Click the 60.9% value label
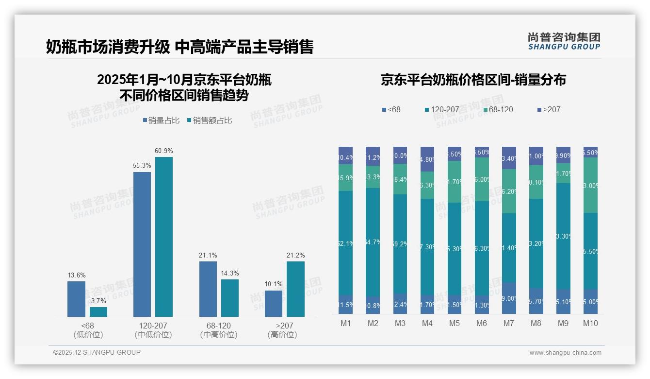pyautogui.click(x=163, y=151)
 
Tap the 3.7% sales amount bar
pyautogui.click(x=98, y=311)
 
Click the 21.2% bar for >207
pyautogui.click(x=295, y=289)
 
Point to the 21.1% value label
pyautogui.click(x=208, y=255)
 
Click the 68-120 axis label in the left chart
pyautogui.click(x=218, y=326)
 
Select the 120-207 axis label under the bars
pyautogui.click(x=153, y=326)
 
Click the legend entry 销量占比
pyautogui.click(x=161, y=121)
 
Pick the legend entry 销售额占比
pyautogui.click(x=210, y=121)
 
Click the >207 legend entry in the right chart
pyautogui.click(x=549, y=110)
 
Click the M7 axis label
pyautogui.click(x=509, y=323)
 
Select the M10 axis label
pyautogui.click(x=590, y=323)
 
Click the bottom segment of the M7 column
pyautogui.click(x=509, y=298)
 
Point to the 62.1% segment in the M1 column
pyautogui.click(x=345, y=243)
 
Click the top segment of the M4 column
pyautogui.click(x=427, y=159)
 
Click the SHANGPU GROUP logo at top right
pyautogui.click(x=564, y=41)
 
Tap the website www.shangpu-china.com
pyautogui.click(x=565, y=353)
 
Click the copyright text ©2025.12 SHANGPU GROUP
pyautogui.click(x=97, y=352)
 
